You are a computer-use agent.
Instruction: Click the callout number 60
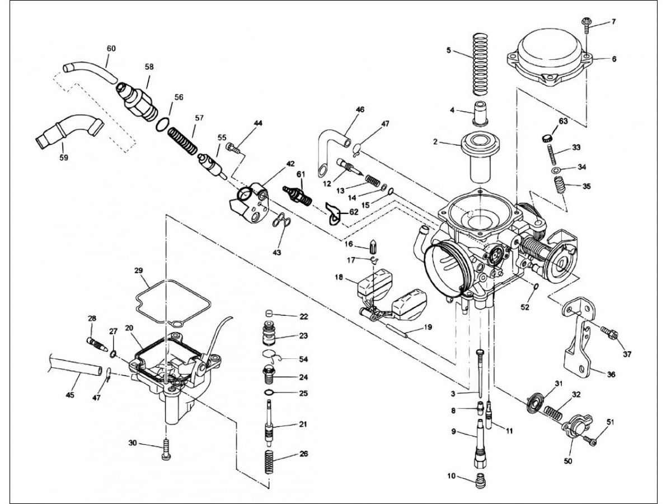[111, 49]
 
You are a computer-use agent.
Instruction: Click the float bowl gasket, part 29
[171, 302]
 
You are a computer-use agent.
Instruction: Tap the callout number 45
[70, 395]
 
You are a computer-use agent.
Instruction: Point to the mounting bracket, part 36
[577, 337]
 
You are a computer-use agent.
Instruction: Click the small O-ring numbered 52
[536, 287]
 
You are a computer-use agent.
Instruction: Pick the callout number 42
[290, 164]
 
